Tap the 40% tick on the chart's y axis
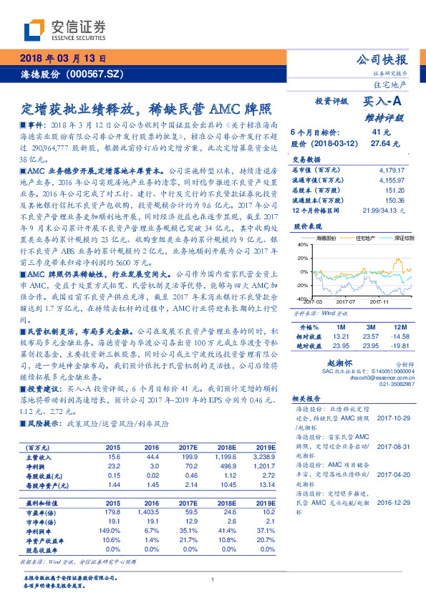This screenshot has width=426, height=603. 301,244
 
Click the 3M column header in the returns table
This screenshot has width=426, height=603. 369,325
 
